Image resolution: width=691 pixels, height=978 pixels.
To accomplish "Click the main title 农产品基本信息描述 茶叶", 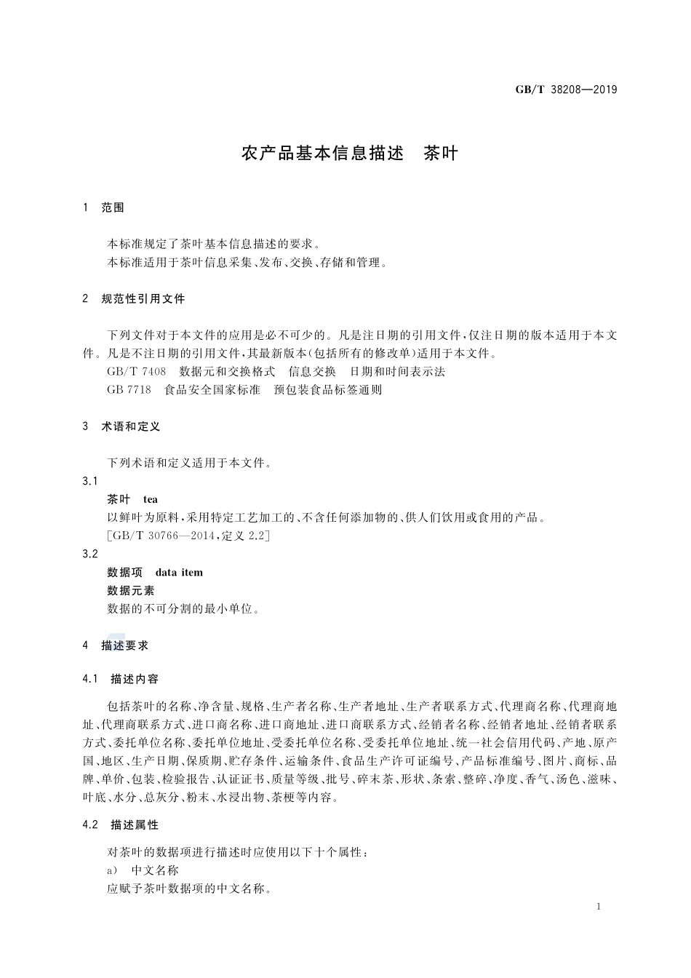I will [349, 154].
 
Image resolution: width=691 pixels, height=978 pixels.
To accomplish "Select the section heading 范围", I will [113, 208].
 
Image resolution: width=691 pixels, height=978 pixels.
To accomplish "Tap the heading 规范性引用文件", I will [143, 299].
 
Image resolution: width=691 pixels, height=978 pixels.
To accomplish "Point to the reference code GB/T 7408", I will [136, 372].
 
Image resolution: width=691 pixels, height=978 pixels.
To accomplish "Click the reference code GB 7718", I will [129, 390].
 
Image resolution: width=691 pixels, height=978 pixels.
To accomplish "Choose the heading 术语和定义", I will [131, 426].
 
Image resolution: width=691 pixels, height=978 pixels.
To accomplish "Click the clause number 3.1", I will [90, 481].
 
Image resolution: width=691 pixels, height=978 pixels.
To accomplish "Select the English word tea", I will [150, 499].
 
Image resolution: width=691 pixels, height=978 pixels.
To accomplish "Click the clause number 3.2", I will [90, 554].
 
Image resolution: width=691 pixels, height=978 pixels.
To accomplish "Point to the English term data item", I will [179, 572].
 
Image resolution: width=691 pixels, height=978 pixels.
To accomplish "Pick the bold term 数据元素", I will [131, 590].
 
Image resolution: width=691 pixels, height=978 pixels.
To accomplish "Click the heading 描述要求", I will [125, 645].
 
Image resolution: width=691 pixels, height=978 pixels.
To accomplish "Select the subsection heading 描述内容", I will [135, 679].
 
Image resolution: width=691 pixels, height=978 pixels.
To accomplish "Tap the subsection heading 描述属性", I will [135, 825].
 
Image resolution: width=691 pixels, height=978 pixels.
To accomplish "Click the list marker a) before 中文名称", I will [112, 870].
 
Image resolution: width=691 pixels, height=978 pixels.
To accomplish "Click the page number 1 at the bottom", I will [597, 906].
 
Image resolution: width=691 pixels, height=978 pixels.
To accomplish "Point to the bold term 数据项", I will [125, 572].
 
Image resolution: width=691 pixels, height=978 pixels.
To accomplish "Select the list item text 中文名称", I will [154, 870].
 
